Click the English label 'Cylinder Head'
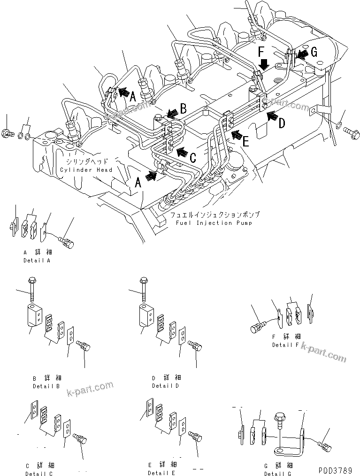86,170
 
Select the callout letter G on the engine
314,53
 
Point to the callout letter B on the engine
184,108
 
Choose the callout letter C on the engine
192,159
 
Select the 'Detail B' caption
46,386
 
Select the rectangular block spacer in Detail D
146,315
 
